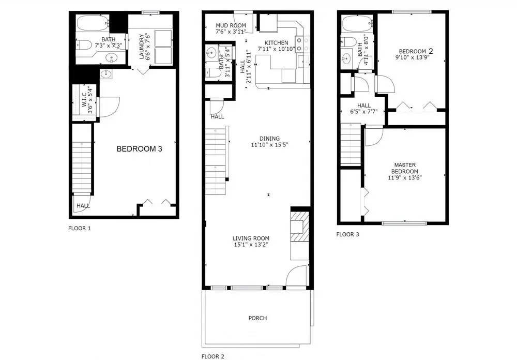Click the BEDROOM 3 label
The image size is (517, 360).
[140, 149]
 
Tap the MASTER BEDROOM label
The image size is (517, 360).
[405, 168]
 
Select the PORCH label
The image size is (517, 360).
[257, 318]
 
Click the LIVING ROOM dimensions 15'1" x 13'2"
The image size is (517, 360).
[251, 245]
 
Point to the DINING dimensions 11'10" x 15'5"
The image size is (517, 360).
[270, 144]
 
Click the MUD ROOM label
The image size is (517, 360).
[231, 25]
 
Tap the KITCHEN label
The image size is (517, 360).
[276, 42]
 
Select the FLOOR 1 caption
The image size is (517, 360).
[80, 228]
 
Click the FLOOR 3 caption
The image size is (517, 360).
[347, 234]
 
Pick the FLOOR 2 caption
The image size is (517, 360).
[213, 356]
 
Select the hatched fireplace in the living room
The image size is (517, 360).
[300, 227]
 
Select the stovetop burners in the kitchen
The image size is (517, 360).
[302, 44]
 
